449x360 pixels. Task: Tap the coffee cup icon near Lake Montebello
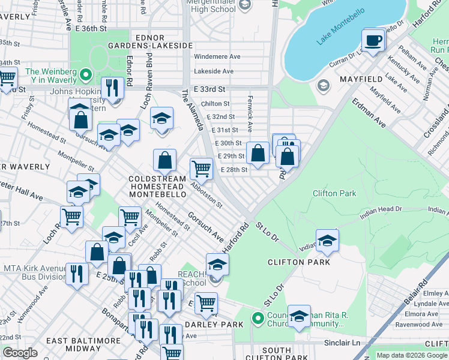[x=373, y=40]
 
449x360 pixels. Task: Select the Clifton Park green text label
[x=334, y=193]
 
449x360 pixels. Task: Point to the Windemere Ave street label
[x=217, y=56]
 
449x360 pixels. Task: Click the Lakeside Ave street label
[x=213, y=71]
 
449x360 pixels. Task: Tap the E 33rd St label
[x=209, y=89]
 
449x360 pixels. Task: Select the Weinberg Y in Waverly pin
[x=85, y=76]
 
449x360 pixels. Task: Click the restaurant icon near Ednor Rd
[x=112, y=88]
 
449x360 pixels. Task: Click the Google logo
[x=20, y=352]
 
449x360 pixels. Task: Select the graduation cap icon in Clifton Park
[x=327, y=241]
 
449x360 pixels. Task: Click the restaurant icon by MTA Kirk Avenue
[x=76, y=274]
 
